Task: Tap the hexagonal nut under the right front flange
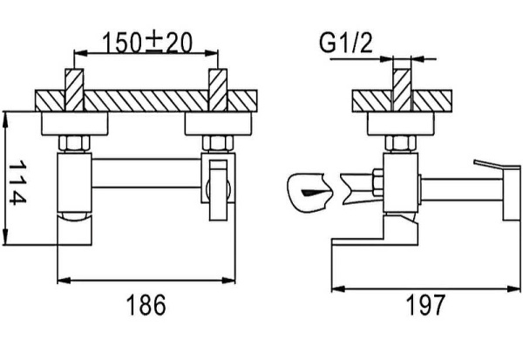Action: pos(214,141)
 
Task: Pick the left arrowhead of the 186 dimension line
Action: pos(60,280)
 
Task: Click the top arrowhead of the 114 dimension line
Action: pos(9,114)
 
